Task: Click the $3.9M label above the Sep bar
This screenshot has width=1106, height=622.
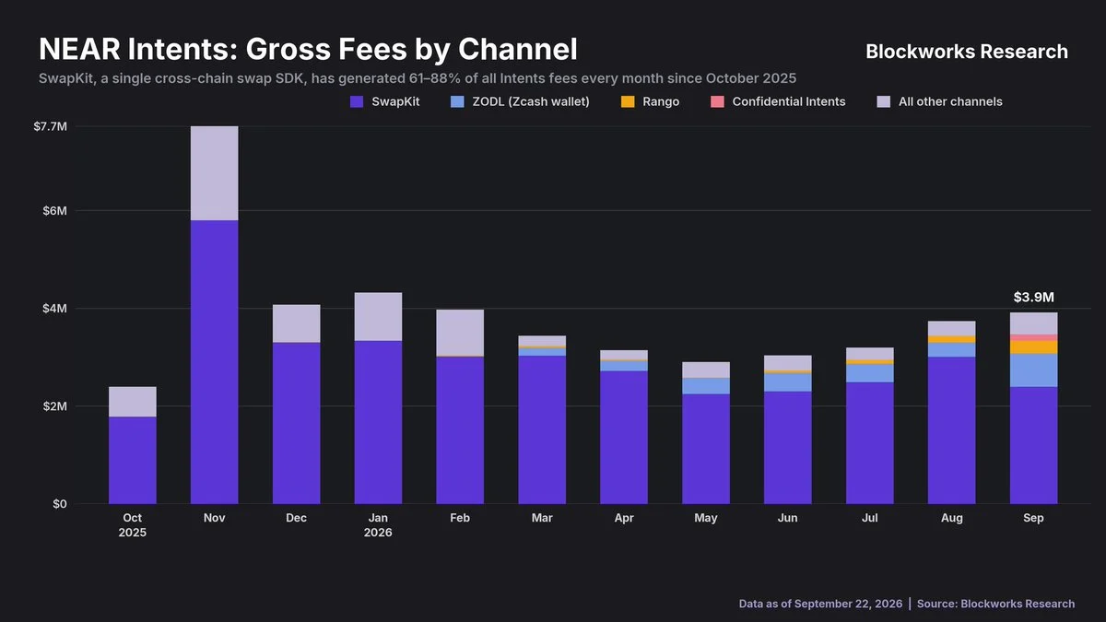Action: pos(1033,297)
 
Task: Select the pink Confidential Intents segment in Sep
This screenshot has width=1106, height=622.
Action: pos(1033,337)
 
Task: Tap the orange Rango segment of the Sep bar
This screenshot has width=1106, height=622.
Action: pos(1033,347)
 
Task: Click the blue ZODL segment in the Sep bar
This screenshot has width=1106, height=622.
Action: pos(1033,370)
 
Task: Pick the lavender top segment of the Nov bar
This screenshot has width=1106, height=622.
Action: pos(214,173)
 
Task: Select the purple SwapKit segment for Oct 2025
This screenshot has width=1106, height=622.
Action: pos(133,461)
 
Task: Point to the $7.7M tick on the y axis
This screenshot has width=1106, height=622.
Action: pos(51,127)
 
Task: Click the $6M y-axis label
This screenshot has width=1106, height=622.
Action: pos(54,211)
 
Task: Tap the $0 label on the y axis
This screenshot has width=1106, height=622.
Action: pos(60,504)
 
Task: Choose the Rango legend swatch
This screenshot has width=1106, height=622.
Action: pos(628,101)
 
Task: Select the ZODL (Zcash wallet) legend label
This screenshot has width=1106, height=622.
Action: pos(531,101)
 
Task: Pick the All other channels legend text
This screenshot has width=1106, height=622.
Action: pos(950,101)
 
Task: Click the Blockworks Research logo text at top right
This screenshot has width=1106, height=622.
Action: pos(967,52)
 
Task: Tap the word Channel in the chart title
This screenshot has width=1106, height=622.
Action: pos(518,49)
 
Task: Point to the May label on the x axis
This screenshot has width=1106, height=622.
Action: pos(706,518)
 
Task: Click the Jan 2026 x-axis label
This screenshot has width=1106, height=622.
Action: pos(378,525)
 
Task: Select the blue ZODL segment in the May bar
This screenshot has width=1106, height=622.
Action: pos(706,386)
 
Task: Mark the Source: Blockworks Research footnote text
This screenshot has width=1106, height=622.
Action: pos(995,604)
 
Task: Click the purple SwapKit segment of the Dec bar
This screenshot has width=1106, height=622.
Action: pos(296,424)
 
